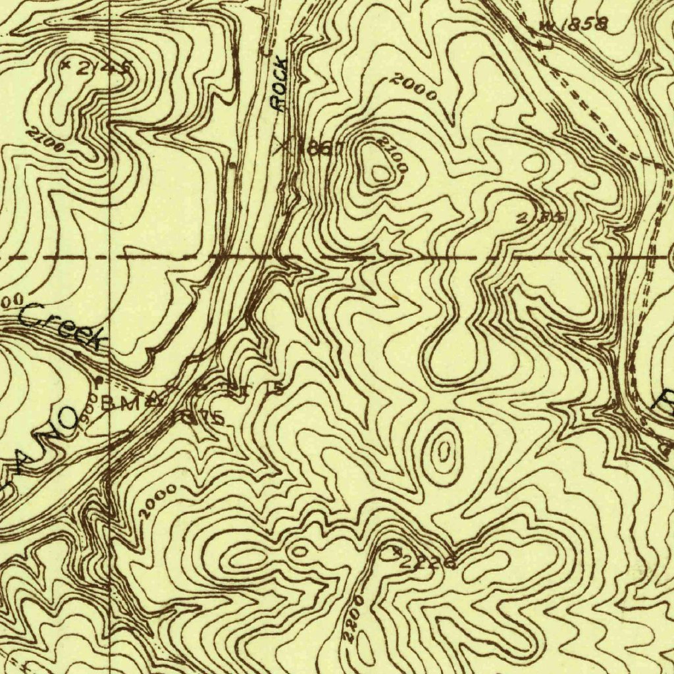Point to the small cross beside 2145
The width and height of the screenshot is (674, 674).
pyautogui.click(x=65, y=65)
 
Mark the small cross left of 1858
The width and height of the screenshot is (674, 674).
pyautogui.click(x=546, y=26)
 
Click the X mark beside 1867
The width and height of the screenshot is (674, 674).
pyautogui.click(x=282, y=145)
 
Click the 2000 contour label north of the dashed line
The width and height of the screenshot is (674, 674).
pyautogui.click(x=412, y=86)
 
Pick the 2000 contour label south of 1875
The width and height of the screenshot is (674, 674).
pyautogui.click(x=157, y=501)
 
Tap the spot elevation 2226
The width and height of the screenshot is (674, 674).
pyautogui.click(x=428, y=562)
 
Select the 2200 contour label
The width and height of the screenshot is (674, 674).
pyautogui.click(x=352, y=618)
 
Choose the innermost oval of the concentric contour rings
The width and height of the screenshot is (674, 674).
pyautogui.click(x=444, y=452)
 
